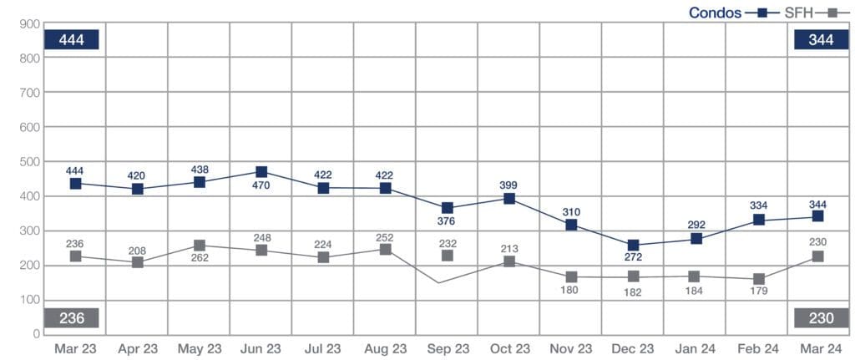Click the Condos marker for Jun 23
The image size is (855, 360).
261,173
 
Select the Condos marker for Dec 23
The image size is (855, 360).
633,246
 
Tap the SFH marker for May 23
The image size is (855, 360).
200,246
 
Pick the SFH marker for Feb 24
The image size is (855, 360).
758,279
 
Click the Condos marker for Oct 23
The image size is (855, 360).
509,199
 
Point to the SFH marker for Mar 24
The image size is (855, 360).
818,256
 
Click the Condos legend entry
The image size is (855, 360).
716,13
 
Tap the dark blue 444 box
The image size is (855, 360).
73,39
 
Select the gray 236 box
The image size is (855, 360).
73,318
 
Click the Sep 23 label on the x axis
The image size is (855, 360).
448,349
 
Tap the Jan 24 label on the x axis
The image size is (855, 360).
695,349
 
